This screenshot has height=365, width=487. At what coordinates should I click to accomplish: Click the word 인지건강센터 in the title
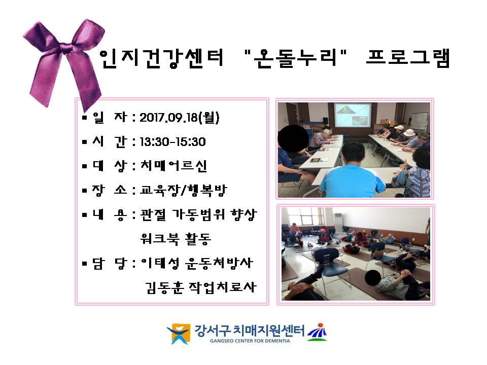point(161,58)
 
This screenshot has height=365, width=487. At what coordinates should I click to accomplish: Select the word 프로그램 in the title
point(408,58)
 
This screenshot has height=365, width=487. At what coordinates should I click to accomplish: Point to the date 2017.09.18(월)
point(180,118)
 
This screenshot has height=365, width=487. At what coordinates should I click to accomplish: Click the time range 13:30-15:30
point(172,142)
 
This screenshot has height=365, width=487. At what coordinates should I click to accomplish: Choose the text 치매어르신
point(173,166)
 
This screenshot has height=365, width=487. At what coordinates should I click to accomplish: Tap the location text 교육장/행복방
point(184,190)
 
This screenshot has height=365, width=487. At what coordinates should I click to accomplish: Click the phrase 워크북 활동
point(176,239)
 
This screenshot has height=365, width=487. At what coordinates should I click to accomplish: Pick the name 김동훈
point(164,287)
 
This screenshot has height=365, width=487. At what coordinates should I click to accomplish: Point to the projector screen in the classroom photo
point(352,115)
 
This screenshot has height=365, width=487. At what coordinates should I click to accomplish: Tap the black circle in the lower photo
point(373,278)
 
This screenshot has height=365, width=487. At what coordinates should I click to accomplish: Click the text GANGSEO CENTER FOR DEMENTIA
point(250,341)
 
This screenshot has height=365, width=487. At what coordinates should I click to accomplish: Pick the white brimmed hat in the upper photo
point(409,132)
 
